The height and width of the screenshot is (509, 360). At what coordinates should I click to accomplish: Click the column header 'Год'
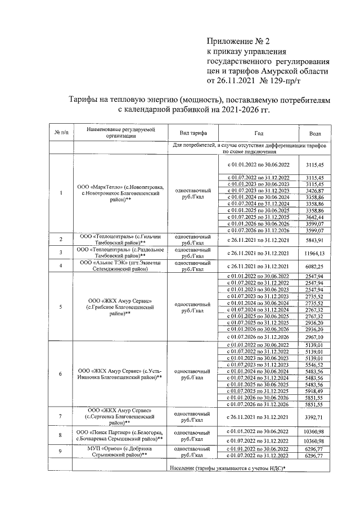(x=258, y=133)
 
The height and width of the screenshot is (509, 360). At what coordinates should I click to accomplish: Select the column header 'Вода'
(x=316, y=133)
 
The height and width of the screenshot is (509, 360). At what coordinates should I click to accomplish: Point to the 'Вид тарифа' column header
(x=192, y=133)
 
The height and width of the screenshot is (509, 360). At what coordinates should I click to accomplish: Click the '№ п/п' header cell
(x=61, y=133)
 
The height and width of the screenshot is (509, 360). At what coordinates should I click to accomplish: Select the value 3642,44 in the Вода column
(x=316, y=217)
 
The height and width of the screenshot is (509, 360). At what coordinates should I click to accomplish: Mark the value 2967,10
(x=316, y=336)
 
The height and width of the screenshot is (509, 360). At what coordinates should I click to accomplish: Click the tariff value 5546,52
(x=316, y=365)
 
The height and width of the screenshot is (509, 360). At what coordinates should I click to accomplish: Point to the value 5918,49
(x=316, y=390)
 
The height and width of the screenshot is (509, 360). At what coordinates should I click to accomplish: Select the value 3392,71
(x=316, y=417)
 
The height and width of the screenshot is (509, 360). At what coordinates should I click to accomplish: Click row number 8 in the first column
(x=61, y=435)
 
